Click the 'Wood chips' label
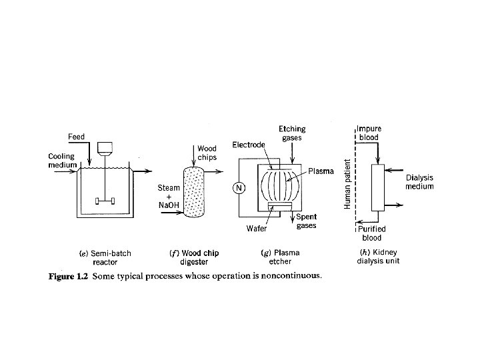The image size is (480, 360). [205, 153]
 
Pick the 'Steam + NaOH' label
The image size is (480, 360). [169, 197]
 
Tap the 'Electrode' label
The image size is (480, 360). [248, 144]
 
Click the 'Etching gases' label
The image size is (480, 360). [290, 133]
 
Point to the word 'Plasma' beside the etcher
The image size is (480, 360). [321, 172]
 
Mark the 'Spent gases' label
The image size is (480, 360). [306, 221]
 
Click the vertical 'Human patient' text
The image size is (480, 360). [347, 184]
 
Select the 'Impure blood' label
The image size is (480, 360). [369, 133]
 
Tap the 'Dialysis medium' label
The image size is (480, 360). [420, 182]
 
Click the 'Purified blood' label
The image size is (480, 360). [371, 233]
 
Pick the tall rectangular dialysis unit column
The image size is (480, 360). [378, 189]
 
